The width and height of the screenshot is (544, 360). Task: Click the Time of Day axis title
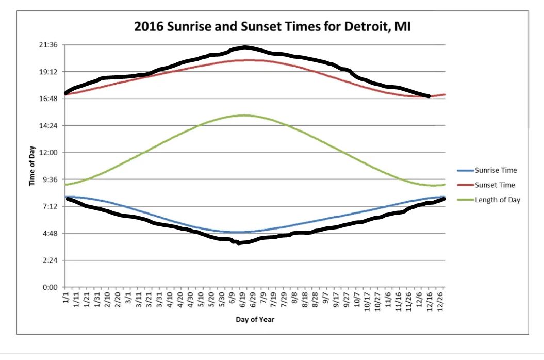pos(32,166)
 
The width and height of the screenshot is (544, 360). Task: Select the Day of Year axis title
pos(255,320)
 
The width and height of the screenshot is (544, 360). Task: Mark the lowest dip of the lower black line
pos(238,242)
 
